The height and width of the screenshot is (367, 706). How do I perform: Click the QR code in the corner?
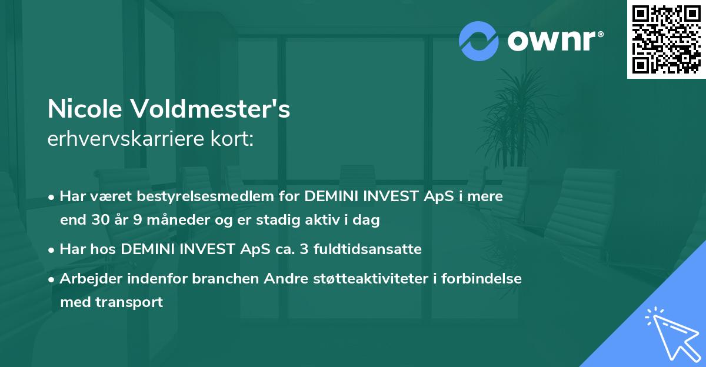pos(666,39)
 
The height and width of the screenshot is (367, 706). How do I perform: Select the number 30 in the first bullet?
pos(99,221)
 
